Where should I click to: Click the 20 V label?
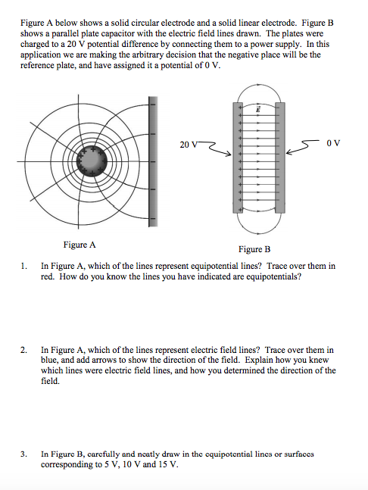189,145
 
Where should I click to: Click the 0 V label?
333,143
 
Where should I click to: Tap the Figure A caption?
80,245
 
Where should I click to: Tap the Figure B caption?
254,249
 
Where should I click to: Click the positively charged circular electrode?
92,161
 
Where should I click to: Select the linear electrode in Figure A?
152,161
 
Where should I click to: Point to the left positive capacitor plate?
238,158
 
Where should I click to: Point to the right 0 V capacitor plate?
280,158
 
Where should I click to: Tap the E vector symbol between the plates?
258,109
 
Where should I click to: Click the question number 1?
23,267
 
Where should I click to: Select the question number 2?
23,350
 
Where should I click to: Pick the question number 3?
23,454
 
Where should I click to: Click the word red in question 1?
48,277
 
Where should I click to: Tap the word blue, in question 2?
49,360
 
